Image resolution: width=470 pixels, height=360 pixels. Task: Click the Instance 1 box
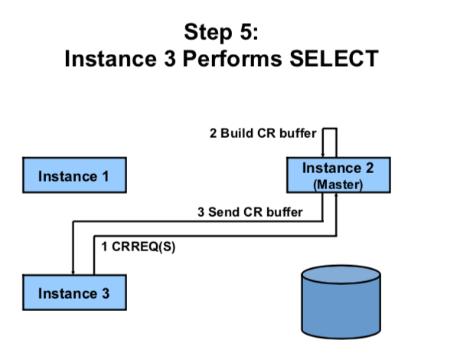pyautogui.click(x=75, y=175)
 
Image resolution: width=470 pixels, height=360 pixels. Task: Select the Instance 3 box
pyautogui.click(x=75, y=293)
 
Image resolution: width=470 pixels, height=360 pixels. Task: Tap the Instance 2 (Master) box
pyautogui.click(x=338, y=175)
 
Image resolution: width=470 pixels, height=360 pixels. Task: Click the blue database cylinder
pyautogui.click(x=341, y=302)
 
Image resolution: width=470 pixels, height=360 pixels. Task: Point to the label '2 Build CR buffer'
pyautogui.click(x=263, y=133)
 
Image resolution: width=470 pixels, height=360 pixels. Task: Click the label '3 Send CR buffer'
pyautogui.click(x=250, y=212)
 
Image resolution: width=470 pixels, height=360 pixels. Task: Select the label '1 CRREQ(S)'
pyautogui.click(x=139, y=247)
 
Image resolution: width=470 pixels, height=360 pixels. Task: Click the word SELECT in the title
pyautogui.click(x=334, y=58)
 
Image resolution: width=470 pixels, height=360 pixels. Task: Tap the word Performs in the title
pyautogui.click(x=232, y=58)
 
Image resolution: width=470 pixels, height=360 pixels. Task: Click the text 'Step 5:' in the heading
pyautogui.click(x=221, y=32)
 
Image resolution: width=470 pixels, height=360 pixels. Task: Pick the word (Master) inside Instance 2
pyautogui.click(x=338, y=185)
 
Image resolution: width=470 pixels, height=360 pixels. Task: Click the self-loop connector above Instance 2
pyautogui.click(x=330, y=129)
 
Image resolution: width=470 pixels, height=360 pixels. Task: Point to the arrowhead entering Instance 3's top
pyautogui.click(x=73, y=273)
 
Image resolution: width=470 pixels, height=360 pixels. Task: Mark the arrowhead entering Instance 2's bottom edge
pyautogui.click(x=336, y=195)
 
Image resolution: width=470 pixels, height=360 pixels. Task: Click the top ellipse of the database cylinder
pyautogui.click(x=341, y=274)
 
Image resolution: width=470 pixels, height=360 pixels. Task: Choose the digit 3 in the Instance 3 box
pyautogui.click(x=105, y=293)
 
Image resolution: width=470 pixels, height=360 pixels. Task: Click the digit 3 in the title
pyautogui.click(x=170, y=58)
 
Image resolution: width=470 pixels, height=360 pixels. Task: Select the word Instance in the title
pyautogui.click(x=110, y=58)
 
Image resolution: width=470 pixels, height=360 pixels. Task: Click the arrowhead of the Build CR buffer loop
pyautogui.click(x=323, y=155)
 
